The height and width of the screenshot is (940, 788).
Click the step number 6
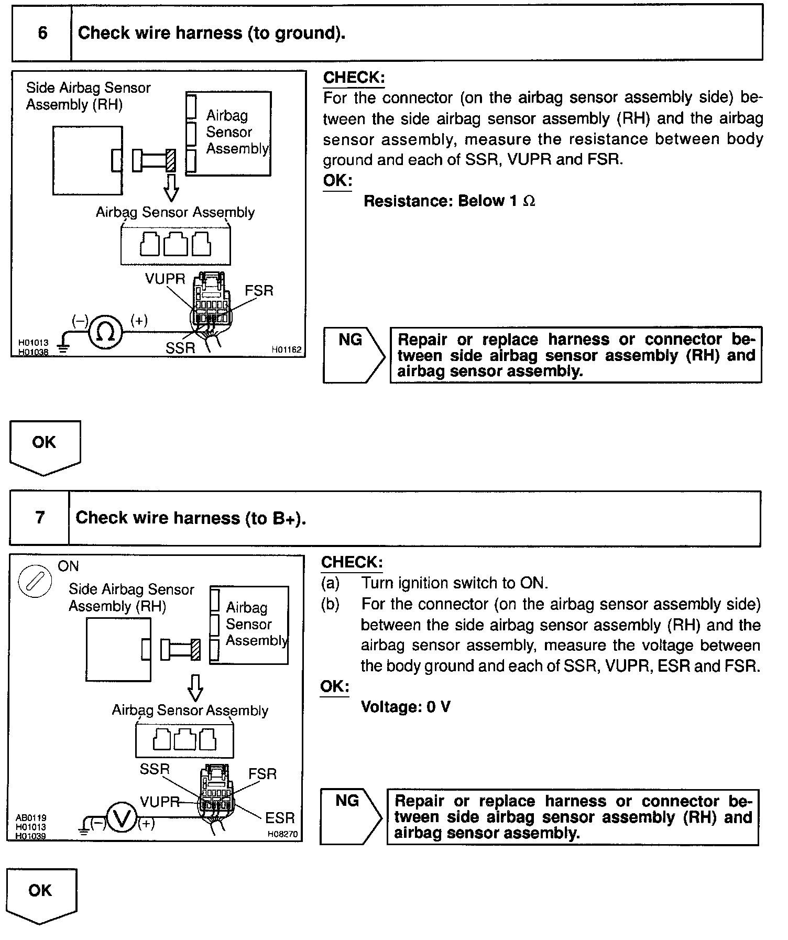point(42,33)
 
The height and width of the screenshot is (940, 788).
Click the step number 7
point(40,518)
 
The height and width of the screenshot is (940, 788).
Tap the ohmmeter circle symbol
point(106,332)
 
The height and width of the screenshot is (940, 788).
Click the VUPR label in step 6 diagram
point(165,279)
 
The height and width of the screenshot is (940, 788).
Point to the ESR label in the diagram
point(280,817)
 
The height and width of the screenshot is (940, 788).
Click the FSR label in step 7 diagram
point(262,774)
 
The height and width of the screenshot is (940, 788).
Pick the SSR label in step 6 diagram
point(180,348)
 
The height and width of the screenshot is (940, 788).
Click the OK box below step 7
point(42,897)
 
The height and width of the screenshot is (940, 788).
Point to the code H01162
point(286,349)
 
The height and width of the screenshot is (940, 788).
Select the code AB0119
point(31,817)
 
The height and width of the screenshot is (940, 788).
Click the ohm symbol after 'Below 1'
point(529,201)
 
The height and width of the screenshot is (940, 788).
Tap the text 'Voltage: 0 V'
point(406,707)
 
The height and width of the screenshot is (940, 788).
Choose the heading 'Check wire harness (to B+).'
point(191,518)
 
